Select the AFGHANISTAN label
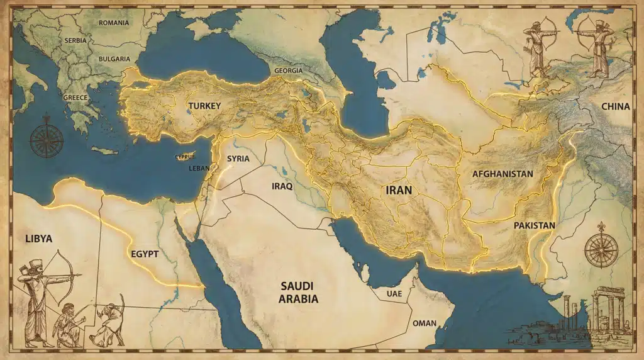point(502,174)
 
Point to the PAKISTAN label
point(534,225)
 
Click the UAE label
point(393,293)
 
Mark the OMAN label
point(423,323)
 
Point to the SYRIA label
point(238,159)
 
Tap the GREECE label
point(75,98)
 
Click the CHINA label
point(615,106)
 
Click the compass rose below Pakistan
point(601,247)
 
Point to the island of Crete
point(104,150)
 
